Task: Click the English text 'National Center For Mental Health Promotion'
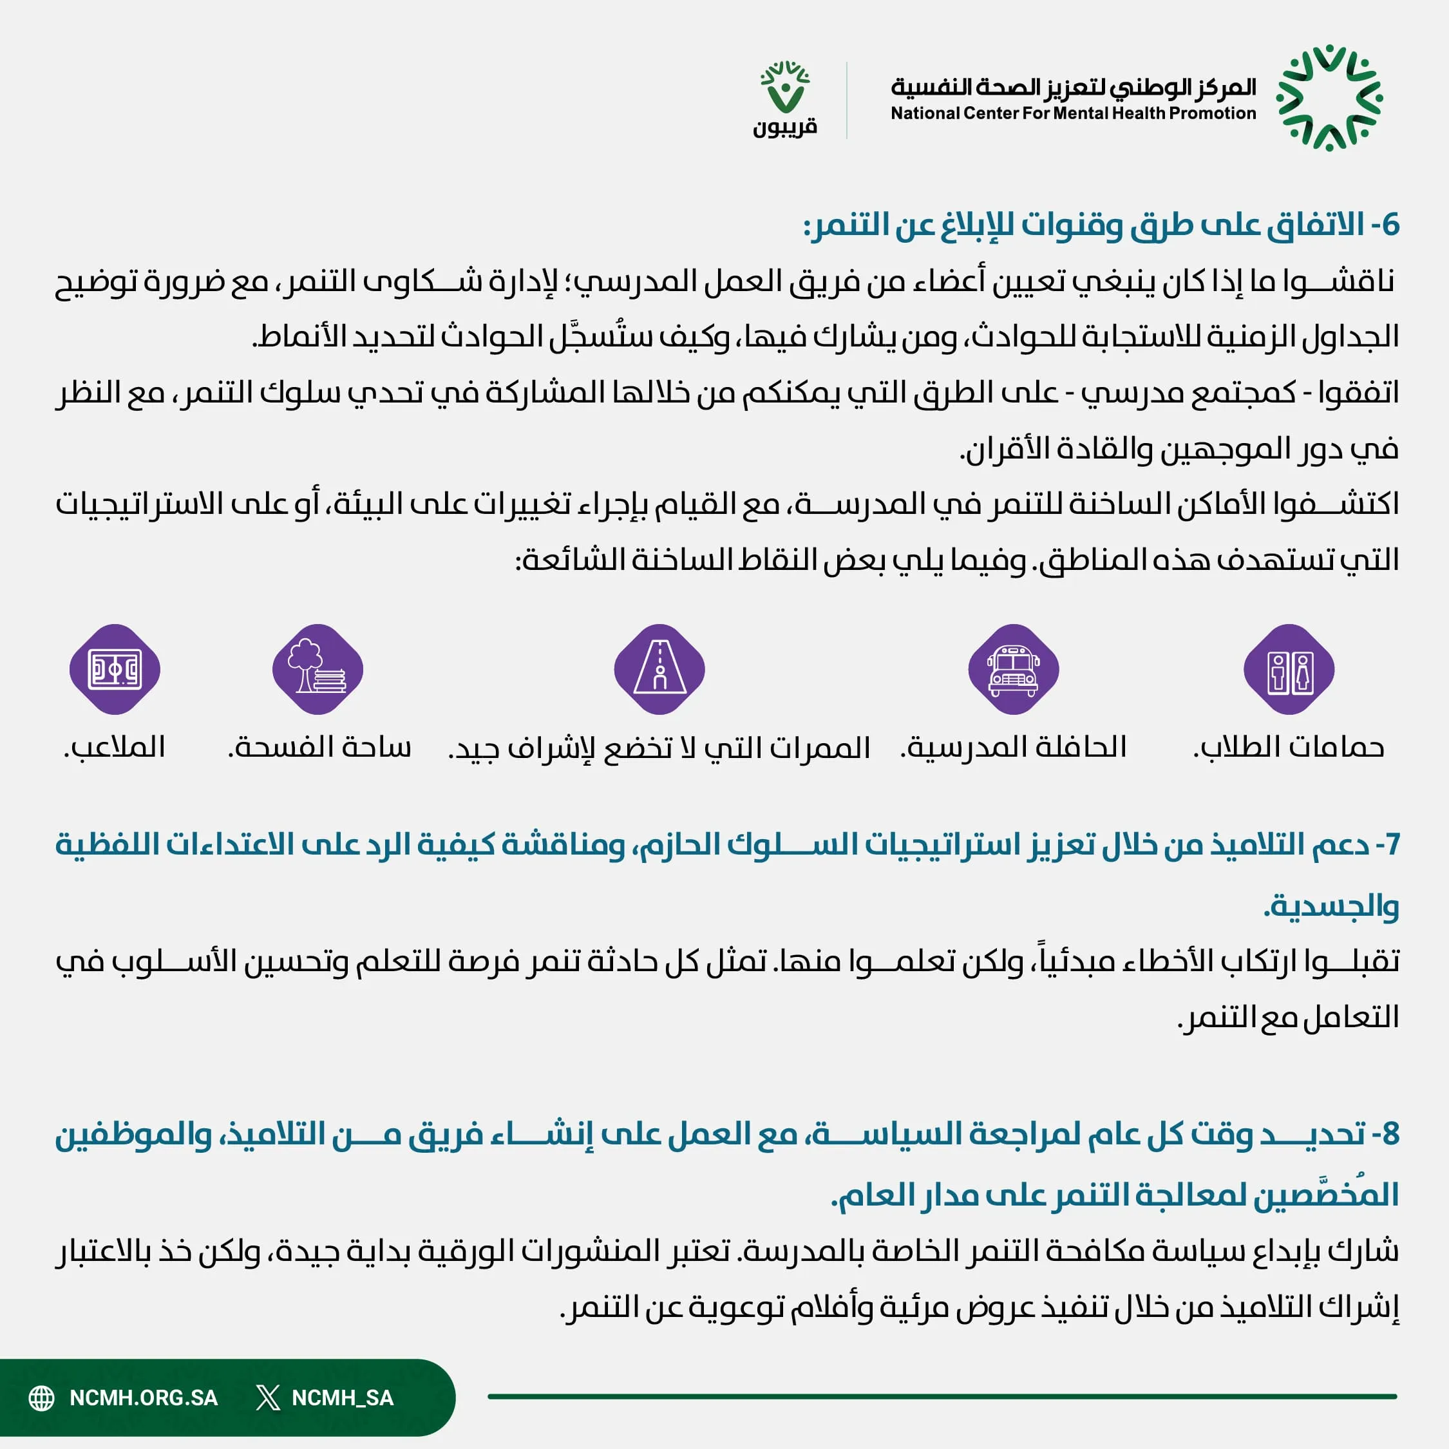click(x=1072, y=113)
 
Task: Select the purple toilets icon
click(x=1289, y=669)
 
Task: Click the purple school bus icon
click(x=1013, y=669)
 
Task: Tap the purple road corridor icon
click(x=659, y=669)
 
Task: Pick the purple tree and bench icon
click(x=318, y=669)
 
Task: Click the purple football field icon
click(x=115, y=669)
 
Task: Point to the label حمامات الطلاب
click(x=1289, y=747)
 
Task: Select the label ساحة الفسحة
click(x=319, y=747)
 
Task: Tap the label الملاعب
click(x=115, y=747)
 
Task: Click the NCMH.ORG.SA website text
click(x=143, y=1398)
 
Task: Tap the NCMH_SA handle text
click(x=342, y=1398)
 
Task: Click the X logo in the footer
click(x=267, y=1398)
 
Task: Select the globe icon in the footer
click(x=41, y=1398)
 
